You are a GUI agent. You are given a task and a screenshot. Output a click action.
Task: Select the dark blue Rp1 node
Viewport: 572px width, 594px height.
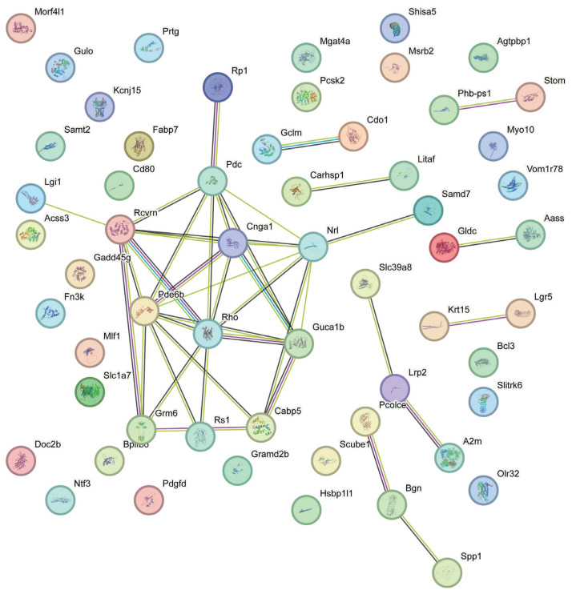coord(215,87)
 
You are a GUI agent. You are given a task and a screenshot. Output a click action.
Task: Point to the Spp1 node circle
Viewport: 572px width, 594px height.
coord(448,573)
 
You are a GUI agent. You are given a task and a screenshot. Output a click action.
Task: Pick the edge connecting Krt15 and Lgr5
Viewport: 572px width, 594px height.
coord(479,318)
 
